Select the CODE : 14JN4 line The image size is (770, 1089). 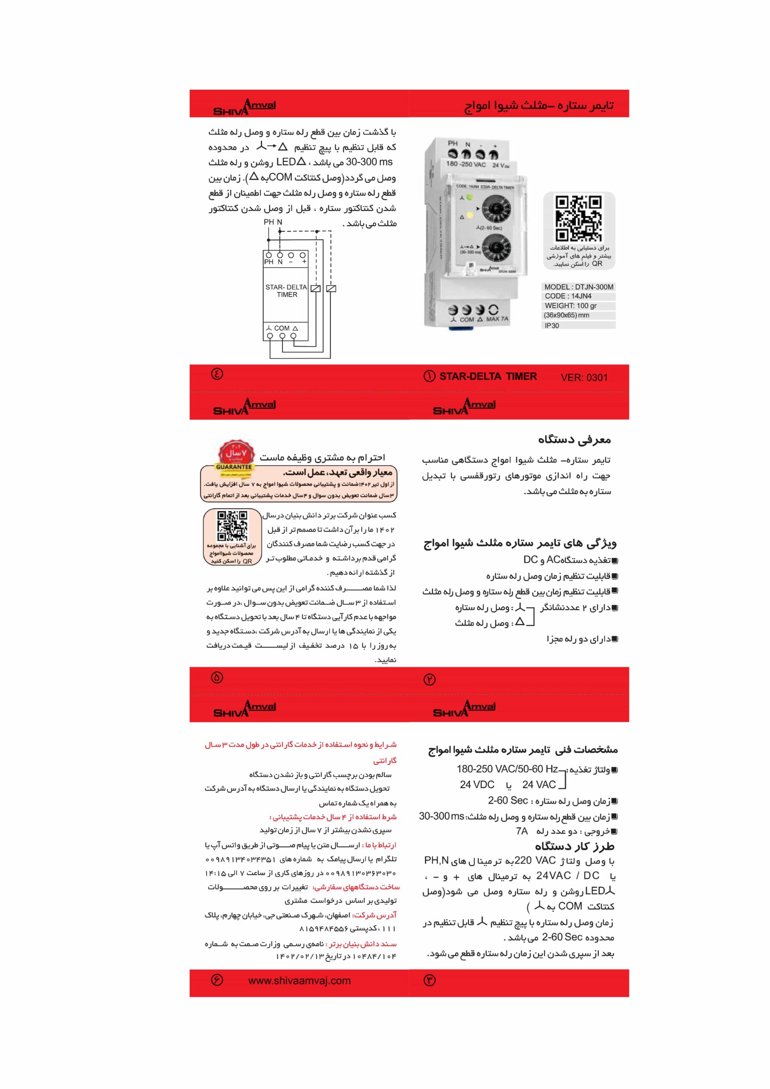coord(568,296)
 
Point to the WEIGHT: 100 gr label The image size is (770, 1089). coord(570,305)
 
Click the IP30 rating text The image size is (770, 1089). coord(552,325)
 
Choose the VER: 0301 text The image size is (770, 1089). coord(584,378)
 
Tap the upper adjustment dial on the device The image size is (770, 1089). coord(496,209)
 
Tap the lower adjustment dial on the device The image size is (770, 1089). coord(496,249)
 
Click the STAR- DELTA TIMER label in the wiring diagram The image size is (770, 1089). coord(286,291)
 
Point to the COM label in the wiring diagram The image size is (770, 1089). coord(281,328)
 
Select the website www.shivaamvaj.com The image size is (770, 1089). coord(299,981)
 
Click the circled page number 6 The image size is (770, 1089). coord(217,980)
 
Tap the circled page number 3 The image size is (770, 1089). coord(429,981)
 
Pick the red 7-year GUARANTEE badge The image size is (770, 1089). coord(235,456)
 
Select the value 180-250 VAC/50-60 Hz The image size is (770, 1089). coord(507,769)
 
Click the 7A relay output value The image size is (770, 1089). coord(521,831)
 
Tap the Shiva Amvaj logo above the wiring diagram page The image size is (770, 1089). coord(244,107)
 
